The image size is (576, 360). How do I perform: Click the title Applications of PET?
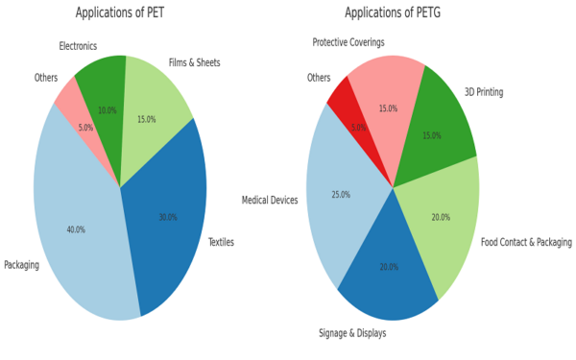[120, 12]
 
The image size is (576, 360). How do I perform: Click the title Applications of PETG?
[393, 12]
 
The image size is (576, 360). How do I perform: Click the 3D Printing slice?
[437, 125]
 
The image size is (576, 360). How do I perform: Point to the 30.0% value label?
[168, 217]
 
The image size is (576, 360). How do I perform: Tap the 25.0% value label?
[340, 195]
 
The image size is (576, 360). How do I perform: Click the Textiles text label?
[221, 242]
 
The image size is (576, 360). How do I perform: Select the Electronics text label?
[78, 46]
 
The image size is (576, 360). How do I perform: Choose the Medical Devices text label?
[270, 200]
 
